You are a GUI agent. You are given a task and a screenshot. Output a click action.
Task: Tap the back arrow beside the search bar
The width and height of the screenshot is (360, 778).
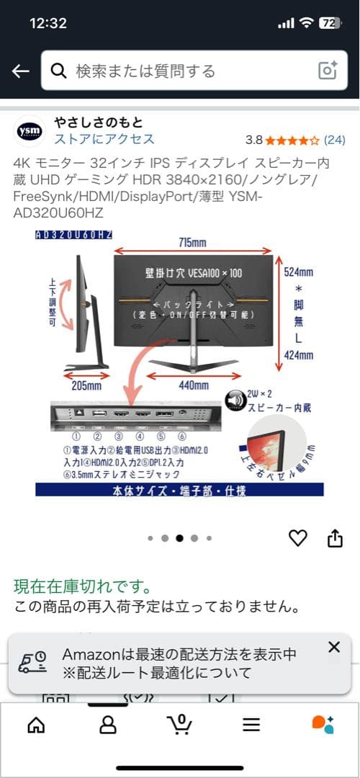[20, 71]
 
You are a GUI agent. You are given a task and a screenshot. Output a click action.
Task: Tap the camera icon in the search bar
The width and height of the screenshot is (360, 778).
[328, 71]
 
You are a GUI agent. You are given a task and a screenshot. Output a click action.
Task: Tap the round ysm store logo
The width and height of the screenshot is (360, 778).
[30, 130]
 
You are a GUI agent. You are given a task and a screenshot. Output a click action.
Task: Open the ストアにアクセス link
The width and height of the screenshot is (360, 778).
[104, 139]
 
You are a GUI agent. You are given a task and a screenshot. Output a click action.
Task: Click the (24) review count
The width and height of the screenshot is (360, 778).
[335, 139]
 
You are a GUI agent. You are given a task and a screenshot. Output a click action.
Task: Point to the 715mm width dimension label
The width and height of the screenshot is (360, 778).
[194, 242]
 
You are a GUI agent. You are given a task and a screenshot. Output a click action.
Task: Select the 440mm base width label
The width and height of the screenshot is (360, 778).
[193, 385]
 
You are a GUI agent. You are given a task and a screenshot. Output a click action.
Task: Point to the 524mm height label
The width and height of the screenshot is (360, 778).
[297, 272]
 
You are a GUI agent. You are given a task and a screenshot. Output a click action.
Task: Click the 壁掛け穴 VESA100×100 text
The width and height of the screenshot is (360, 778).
[193, 274]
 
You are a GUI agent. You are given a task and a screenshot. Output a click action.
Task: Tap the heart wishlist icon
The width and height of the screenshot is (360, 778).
[297, 538]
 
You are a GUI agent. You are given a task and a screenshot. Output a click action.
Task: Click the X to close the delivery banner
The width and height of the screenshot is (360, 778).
[333, 647]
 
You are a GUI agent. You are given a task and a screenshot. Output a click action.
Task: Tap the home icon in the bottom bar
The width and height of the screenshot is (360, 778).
[35, 725]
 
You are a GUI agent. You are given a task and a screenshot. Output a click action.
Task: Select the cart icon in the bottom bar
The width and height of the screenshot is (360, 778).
[179, 724]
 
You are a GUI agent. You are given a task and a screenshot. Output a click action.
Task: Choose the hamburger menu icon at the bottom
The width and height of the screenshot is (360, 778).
[251, 725]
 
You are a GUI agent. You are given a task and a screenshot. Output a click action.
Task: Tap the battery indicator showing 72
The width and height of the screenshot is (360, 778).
[328, 22]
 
